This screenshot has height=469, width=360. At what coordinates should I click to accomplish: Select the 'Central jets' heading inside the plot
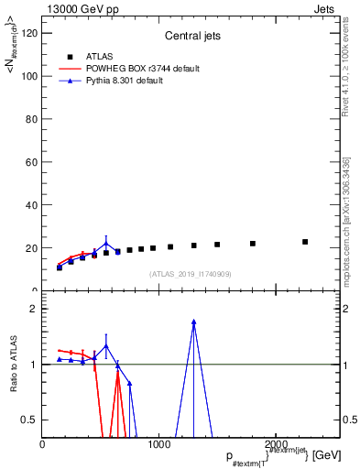190,37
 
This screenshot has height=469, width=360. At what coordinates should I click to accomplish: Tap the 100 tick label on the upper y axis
28,76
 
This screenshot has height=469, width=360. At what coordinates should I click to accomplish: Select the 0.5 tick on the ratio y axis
30,420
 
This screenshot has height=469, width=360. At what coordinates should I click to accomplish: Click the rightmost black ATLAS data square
305,242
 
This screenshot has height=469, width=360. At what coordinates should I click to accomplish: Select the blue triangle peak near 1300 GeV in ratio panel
193,322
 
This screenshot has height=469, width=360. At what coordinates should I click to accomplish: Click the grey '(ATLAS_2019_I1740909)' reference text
190,274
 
